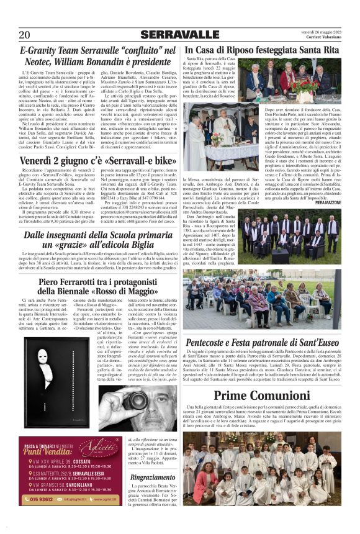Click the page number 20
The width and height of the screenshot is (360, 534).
[24, 35]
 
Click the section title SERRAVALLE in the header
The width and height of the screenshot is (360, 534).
[180, 34]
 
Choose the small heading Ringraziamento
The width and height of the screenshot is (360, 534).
[153, 477]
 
